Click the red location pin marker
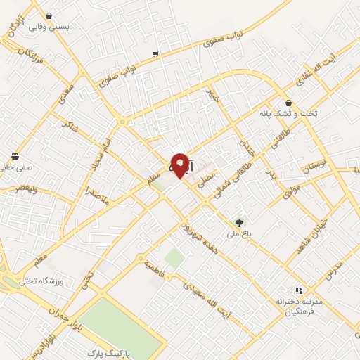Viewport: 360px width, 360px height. pos(180,165)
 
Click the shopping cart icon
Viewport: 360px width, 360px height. pos(155,53)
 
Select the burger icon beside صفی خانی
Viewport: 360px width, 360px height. pos(15,156)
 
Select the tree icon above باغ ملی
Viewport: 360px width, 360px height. pos(240,221)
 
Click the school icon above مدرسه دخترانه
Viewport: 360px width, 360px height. pos(298,289)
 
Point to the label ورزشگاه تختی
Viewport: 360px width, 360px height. pos(60,281)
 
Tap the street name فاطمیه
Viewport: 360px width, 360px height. pos(155,269)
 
